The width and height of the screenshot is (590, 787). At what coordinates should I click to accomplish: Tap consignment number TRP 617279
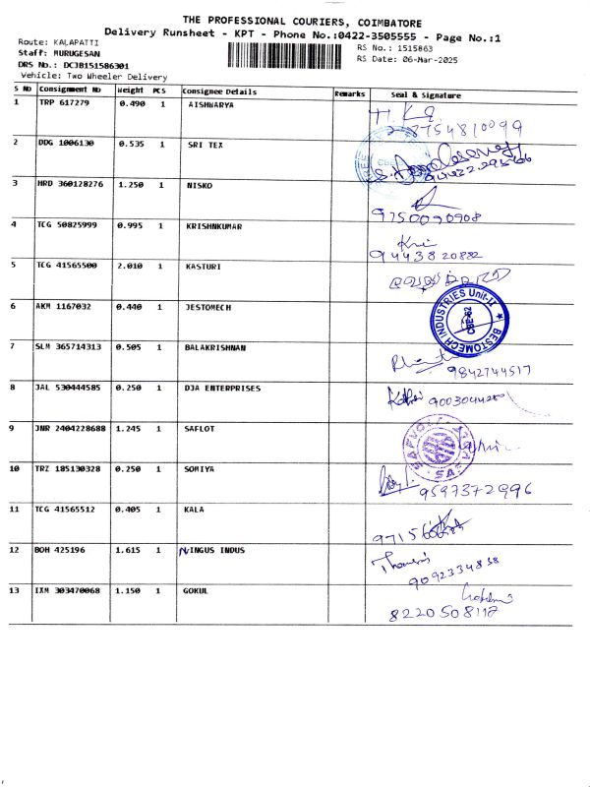coord(64,103)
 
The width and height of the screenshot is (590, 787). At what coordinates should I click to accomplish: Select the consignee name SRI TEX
coord(205,144)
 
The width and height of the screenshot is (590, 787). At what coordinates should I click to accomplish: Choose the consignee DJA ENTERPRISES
coord(223,388)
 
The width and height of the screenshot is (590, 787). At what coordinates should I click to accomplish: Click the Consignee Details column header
coord(219,91)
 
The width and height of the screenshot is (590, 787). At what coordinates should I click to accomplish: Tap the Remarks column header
coord(350,92)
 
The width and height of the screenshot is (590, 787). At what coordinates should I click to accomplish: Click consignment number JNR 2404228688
coord(74,428)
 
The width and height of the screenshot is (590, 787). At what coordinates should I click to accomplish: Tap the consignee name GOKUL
coord(198,590)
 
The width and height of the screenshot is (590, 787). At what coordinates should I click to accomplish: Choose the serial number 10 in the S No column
coord(16,469)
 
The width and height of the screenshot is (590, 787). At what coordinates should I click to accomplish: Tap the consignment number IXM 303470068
coord(68,590)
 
